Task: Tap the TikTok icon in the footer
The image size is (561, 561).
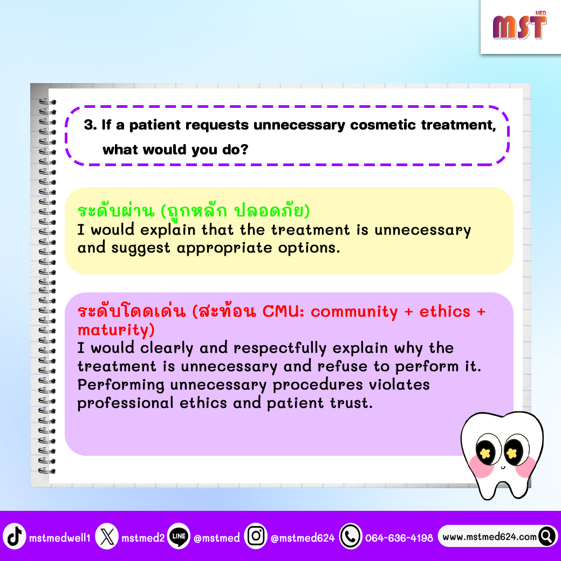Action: click(x=15, y=536)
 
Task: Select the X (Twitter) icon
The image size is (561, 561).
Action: click(x=107, y=536)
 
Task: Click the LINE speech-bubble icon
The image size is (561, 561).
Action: click(x=179, y=536)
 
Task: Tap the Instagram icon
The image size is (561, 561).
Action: click(x=256, y=536)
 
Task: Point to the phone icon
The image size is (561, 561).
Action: click(x=351, y=536)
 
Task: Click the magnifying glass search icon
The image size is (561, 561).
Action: click(x=547, y=536)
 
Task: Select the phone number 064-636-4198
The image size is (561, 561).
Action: click(x=399, y=538)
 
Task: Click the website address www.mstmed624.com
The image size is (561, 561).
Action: click(x=489, y=537)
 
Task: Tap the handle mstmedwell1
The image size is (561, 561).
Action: click(x=60, y=538)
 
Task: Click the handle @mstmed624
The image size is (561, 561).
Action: click(x=303, y=538)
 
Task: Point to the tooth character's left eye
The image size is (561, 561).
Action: click(x=485, y=452)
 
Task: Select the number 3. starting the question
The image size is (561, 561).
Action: click(x=91, y=125)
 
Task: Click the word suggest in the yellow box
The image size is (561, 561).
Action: click(x=141, y=248)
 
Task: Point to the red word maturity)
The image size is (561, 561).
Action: click(x=116, y=330)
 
